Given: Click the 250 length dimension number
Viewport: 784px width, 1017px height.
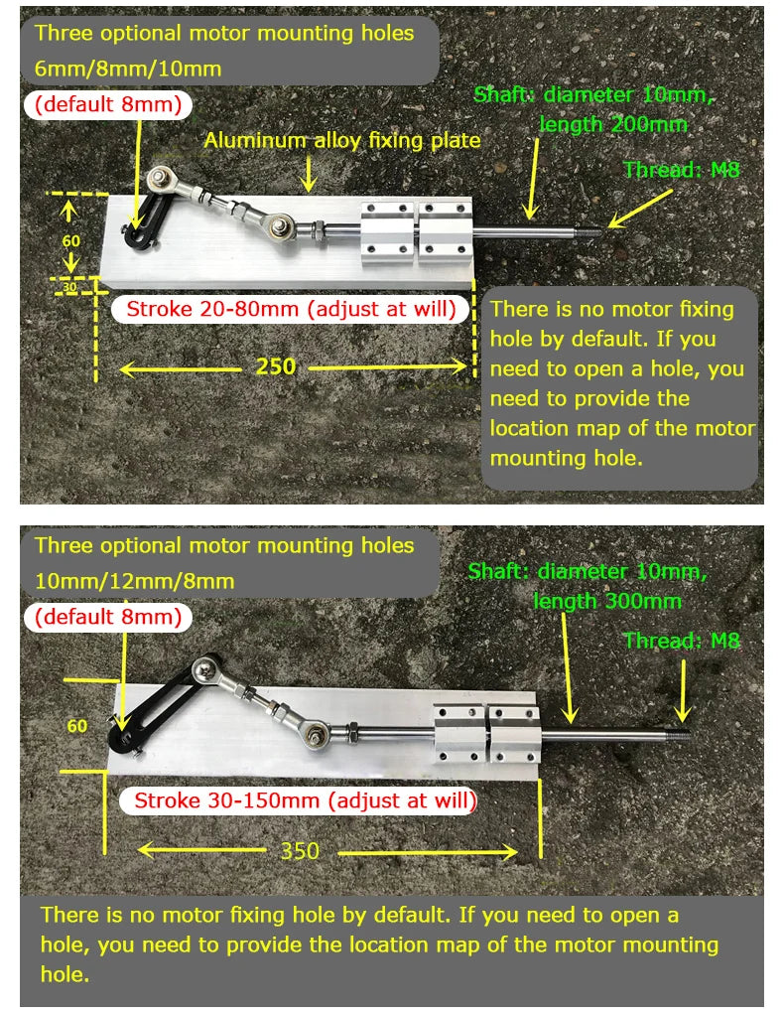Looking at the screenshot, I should coord(276,366).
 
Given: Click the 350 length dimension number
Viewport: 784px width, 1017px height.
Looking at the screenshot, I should coord(300,851).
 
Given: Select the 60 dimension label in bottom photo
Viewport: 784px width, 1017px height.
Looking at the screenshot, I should coord(77,726).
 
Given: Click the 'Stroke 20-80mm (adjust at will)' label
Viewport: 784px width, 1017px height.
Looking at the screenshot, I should coord(291,309).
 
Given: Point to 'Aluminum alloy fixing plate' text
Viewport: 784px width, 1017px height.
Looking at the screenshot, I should coord(342,141).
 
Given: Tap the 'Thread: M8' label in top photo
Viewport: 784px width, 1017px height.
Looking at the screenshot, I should coord(681,170).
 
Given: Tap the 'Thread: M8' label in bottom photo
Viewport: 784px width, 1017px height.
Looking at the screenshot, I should coord(682,641).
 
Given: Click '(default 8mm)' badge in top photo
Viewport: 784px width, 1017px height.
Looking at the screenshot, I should coord(109,104).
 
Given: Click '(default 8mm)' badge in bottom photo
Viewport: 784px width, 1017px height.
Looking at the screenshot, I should coord(109,616).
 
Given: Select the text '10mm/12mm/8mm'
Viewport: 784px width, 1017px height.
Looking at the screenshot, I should coord(135,581).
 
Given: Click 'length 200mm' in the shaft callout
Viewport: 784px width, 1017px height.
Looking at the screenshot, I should coord(613,124).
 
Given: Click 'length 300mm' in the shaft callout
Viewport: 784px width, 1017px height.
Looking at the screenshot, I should coord(607,601).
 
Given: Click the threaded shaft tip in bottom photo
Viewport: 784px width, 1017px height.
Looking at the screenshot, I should coord(683,737).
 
